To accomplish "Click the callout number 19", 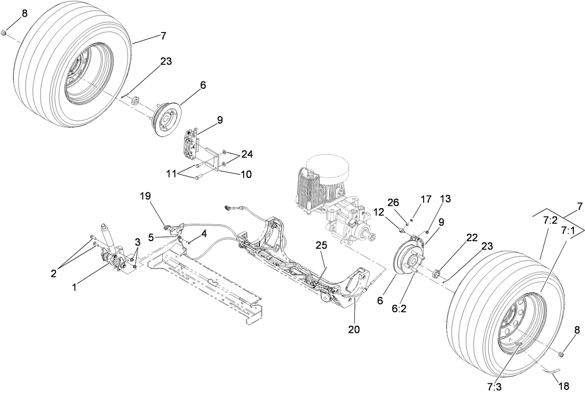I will click(x=146, y=196).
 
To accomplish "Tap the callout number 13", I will click(x=445, y=199).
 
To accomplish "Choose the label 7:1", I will click(x=567, y=230).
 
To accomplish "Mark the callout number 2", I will click(x=53, y=273).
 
